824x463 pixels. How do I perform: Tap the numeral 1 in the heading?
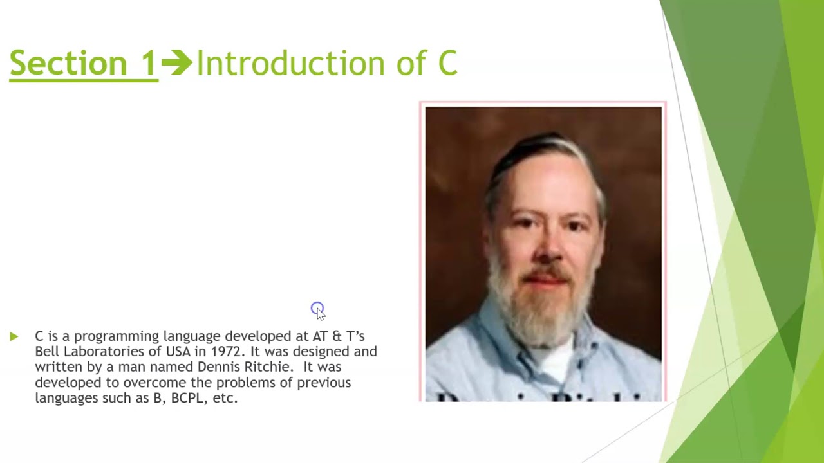click(149, 64)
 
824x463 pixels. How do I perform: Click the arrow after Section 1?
click(176, 63)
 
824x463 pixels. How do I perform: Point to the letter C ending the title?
click(447, 64)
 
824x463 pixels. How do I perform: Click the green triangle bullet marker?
click(14, 336)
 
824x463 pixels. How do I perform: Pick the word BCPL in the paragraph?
click(187, 398)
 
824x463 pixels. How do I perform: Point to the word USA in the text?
click(178, 352)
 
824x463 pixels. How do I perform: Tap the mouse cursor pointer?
click(319, 312)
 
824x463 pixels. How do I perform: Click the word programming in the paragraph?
click(116, 336)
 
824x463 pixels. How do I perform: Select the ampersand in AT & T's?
click(337, 336)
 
